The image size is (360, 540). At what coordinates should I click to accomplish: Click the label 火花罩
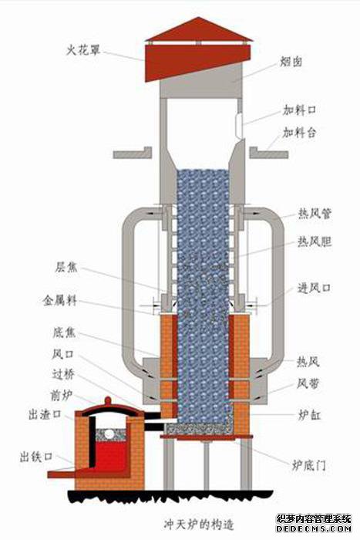click(83, 51)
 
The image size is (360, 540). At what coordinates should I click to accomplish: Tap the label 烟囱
click(291, 62)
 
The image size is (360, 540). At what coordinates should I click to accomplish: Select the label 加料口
click(299, 110)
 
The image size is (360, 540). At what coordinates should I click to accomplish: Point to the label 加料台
click(299, 133)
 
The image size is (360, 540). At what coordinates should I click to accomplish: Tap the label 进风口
click(315, 288)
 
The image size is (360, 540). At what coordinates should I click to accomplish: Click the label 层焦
click(66, 267)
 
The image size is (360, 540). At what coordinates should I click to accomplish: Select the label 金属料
click(60, 301)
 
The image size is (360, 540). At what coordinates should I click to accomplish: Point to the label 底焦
click(64, 332)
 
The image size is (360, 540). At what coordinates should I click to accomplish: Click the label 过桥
click(63, 374)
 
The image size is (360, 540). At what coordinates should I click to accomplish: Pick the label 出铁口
click(36, 457)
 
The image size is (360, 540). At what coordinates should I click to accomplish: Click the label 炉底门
click(308, 465)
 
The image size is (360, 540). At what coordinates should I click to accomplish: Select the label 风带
click(308, 383)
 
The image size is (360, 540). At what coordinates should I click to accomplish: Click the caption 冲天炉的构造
click(199, 525)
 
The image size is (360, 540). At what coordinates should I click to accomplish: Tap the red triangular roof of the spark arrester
click(199, 30)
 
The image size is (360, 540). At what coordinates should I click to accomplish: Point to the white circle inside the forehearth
click(109, 434)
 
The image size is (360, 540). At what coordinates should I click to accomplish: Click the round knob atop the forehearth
click(108, 401)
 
